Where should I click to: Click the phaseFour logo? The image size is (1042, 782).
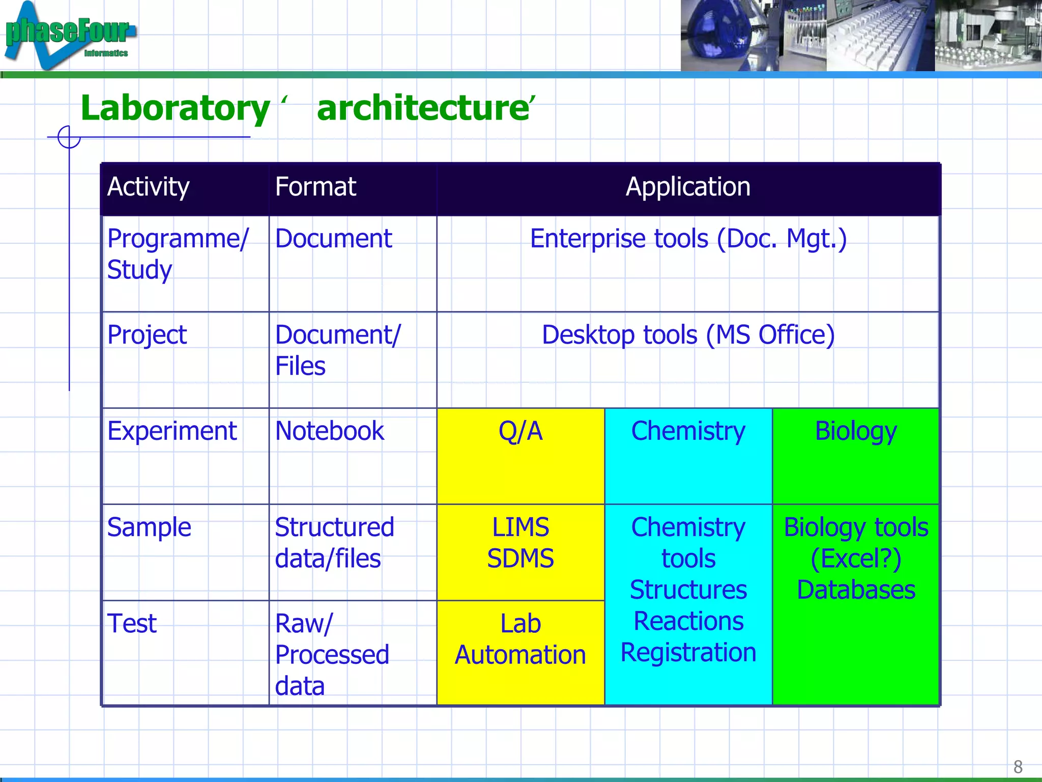[x=69, y=35]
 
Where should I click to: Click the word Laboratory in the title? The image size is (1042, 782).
[x=175, y=108]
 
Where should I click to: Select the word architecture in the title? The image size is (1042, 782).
[x=423, y=108]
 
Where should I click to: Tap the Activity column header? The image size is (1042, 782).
[x=148, y=187]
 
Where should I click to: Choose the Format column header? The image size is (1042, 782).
[x=315, y=187]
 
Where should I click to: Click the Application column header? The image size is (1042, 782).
[x=688, y=187]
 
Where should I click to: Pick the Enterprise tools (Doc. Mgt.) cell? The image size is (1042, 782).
[x=688, y=239]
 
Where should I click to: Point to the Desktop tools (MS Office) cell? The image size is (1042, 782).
[x=688, y=335]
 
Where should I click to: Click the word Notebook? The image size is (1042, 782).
[x=329, y=431]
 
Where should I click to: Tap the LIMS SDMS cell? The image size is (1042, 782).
[x=520, y=543]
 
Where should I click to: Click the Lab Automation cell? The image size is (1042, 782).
[x=520, y=639]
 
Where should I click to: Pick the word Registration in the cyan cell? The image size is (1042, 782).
[x=688, y=653]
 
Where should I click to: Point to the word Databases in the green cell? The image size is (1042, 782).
[x=856, y=590]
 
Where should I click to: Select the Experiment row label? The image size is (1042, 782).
[x=172, y=431]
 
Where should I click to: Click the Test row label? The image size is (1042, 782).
[x=132, y=624]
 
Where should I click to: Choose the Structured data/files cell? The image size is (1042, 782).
[x=334, y=543]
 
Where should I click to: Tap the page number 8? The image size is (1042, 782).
[x=1018, y=766]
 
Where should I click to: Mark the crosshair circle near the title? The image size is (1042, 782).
[x=69, y=137]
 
